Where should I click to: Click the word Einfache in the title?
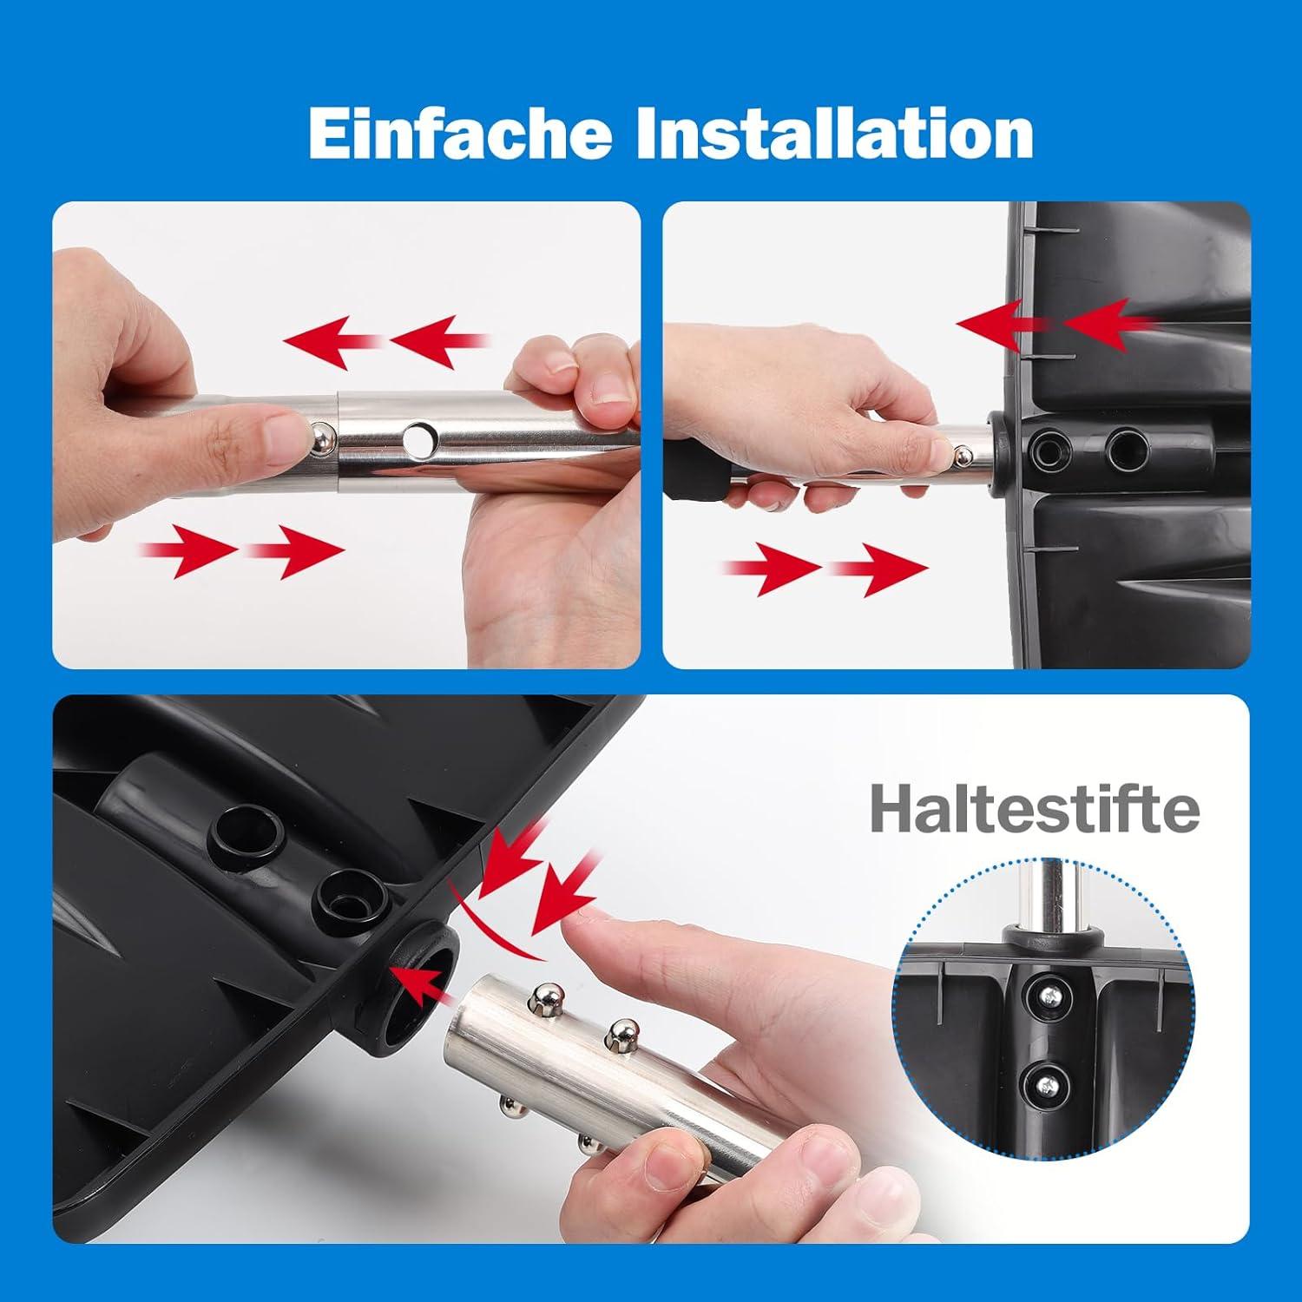point(460,133)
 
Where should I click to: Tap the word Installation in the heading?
point(835,133)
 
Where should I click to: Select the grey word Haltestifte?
point(1036,808)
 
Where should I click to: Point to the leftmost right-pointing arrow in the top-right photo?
point(773,569)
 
